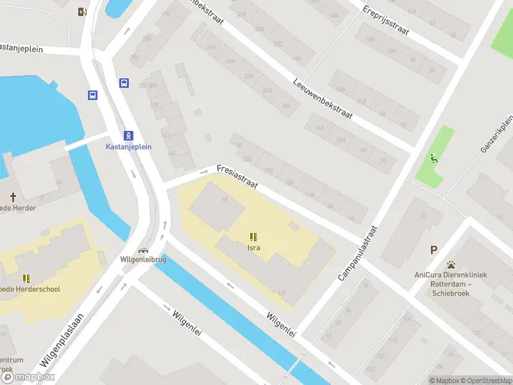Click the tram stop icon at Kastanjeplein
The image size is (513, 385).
(x=129, y=135)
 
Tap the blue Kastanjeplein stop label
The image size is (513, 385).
(x=128, y=146)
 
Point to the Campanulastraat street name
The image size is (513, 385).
(x=358, y=253)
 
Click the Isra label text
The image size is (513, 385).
(x=254, y=247)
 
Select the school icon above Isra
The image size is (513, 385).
(x=254, y=236)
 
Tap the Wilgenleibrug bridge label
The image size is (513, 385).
(x=143, y=260)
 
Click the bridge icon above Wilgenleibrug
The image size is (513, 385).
(x=143, y=250)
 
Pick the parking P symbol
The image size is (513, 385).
(x=434, y=250)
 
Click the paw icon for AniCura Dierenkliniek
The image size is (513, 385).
(x=451, y=264)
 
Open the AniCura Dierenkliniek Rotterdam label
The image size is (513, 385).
(x=450, y=284)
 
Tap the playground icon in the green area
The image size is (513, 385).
(x=434, y=158)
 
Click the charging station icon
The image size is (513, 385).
(x=81, y=12)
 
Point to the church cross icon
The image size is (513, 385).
(x=13, y=196)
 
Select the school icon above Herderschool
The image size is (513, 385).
(x=26, y=278)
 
